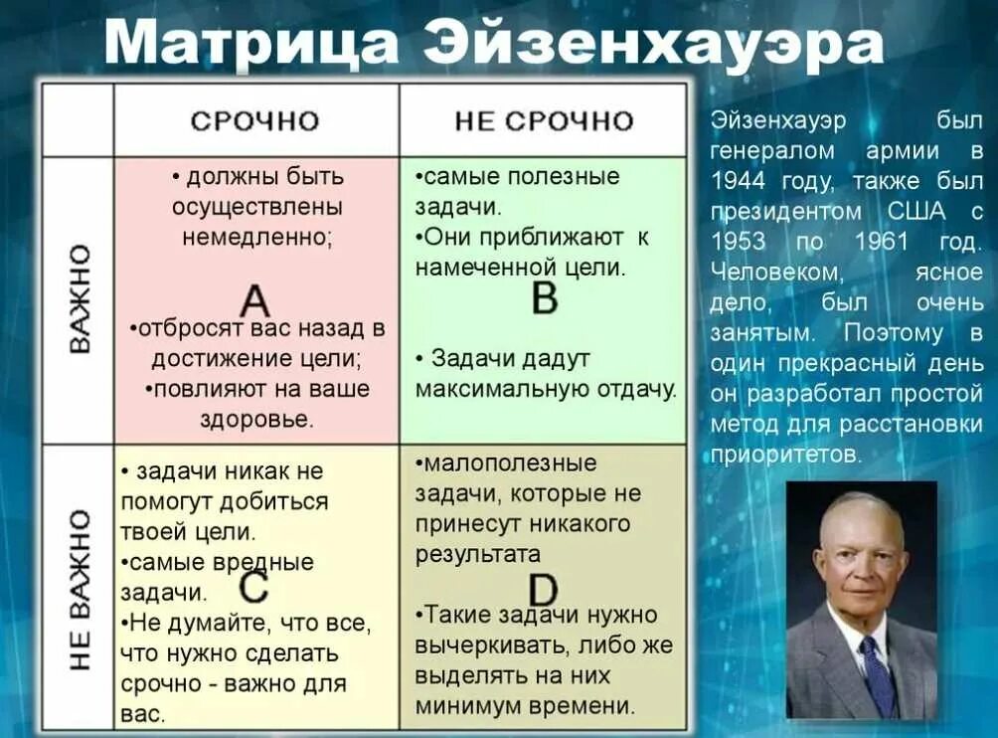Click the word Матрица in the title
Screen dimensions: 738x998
[251, 45]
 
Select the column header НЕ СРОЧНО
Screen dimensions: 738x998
[544, 121]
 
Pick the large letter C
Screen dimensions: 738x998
[253, 587]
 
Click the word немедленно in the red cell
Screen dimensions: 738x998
[257, 239]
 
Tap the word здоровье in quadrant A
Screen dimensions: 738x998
[256, 419]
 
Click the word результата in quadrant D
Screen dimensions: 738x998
[478, 554]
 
